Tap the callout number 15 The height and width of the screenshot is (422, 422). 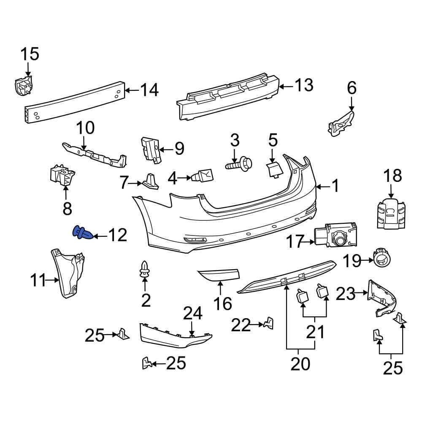tap(30, 54)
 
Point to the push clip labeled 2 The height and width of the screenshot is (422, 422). tap(145, 269)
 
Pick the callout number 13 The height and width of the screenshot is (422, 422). tap(304, 85)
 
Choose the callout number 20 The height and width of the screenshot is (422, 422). tap(300, 363)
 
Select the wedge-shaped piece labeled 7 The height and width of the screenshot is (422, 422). tap(151, 181)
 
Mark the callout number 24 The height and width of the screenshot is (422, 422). tap(192, 314)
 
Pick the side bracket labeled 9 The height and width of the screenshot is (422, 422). tap(151, 150)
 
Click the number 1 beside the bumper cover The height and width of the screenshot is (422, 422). tap(335, 186)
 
